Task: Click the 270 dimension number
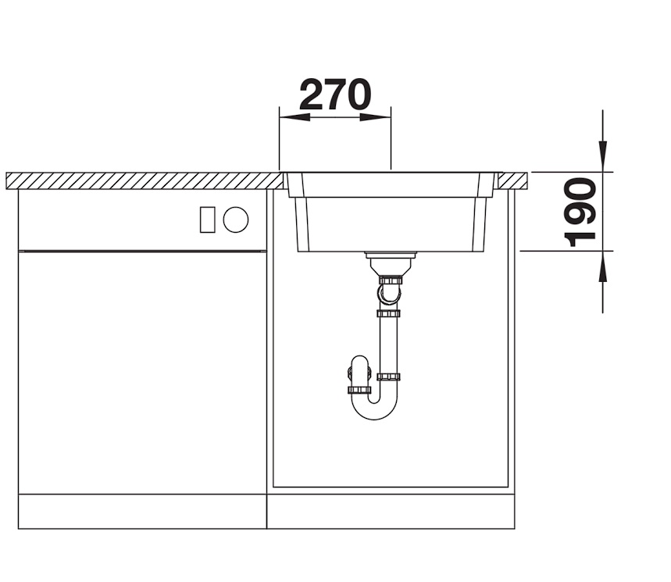[x=335, y=95]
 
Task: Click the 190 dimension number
[x=580, y=212]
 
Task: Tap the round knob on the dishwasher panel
[x=236, y=220]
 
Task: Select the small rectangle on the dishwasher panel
[x=208, y=220]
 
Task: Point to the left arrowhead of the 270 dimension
[x=294, y=117]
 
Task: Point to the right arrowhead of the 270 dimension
[x=375, y=117]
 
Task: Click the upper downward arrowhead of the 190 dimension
[x=602, y=156]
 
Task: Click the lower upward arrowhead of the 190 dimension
[x=602, y=266]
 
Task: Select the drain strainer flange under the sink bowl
[x=391, y=255]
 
